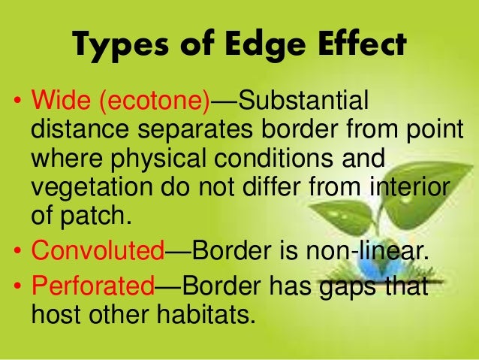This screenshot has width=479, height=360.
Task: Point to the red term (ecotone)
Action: tap(149, 101)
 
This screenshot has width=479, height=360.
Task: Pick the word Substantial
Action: tap(300, 101)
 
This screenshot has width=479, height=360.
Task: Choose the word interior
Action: tap(401, 188)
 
